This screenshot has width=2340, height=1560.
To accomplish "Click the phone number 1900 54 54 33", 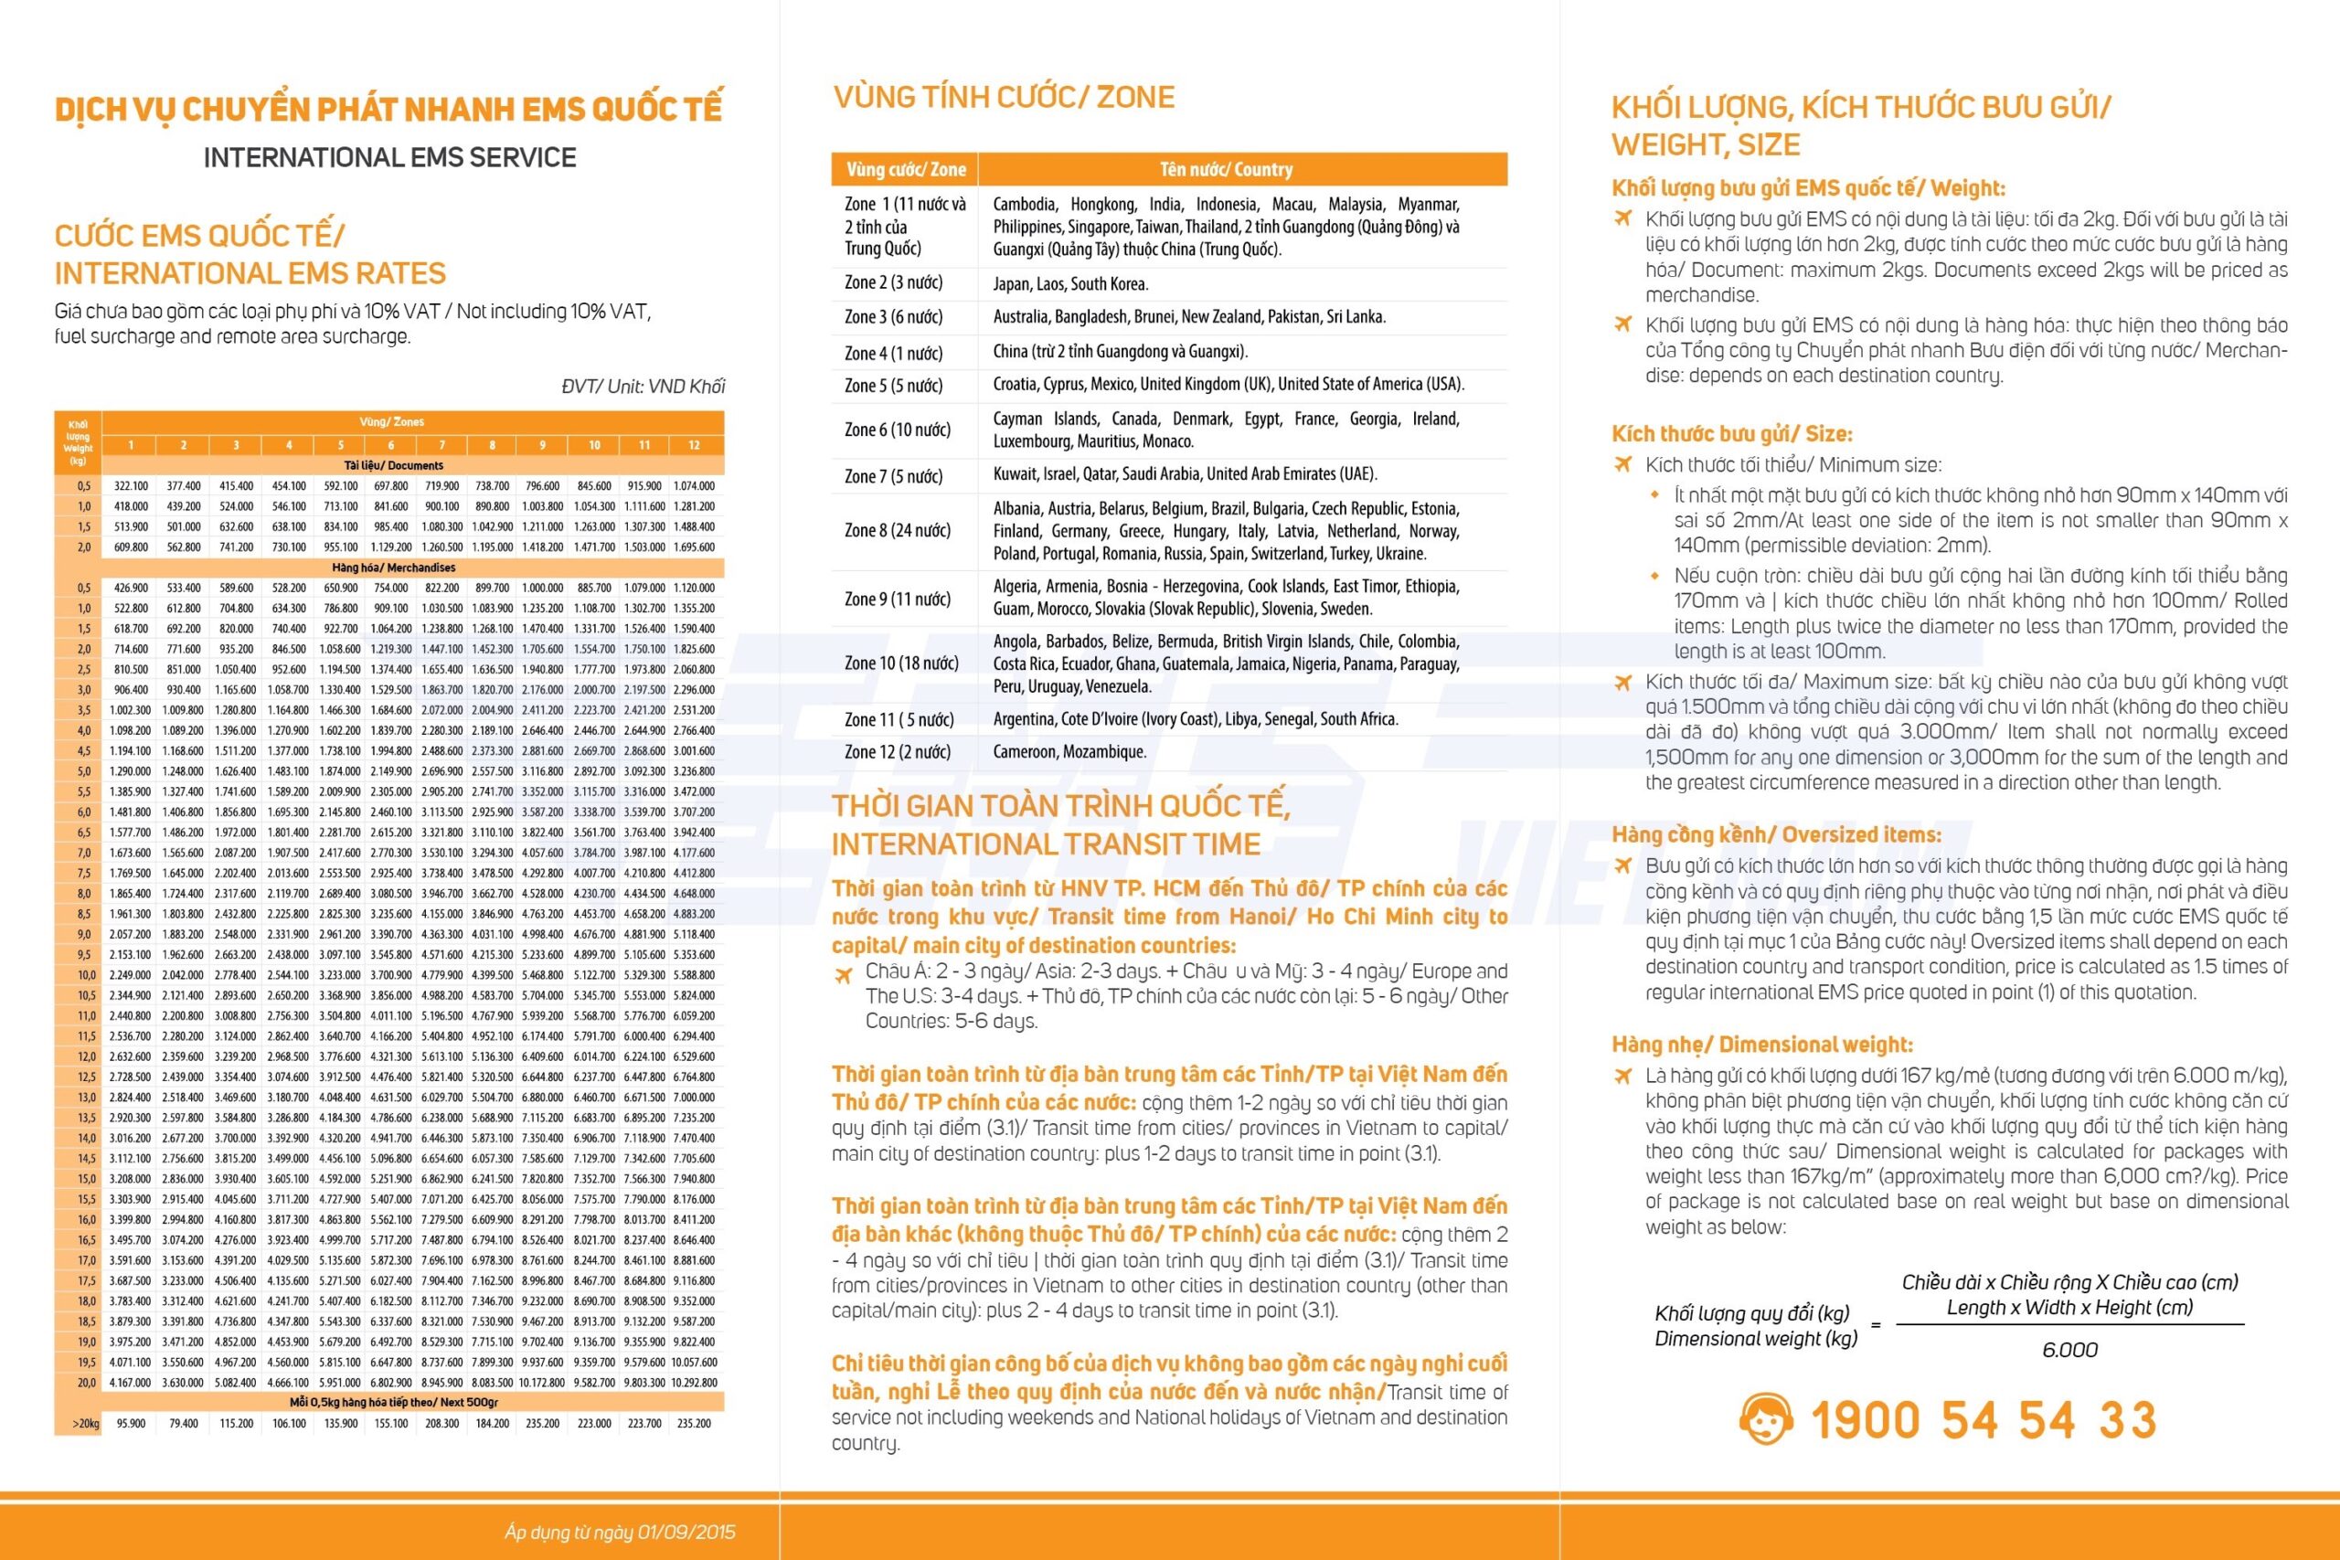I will [1983, 1420].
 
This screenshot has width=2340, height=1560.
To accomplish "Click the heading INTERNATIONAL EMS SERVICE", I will [389, 157].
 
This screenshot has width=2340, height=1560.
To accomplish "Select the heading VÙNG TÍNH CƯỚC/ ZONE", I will [1003, 98].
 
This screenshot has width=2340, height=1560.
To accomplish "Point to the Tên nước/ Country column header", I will [1226, 169].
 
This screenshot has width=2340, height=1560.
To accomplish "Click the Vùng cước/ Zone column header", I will [905, 169].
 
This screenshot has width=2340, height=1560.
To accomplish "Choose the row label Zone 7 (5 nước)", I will [893, 476].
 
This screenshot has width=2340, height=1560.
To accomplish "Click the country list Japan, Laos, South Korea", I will [1070, 283].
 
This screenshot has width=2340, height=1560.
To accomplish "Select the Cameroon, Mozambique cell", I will [1069, 752].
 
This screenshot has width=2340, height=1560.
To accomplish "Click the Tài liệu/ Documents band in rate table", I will [394, 465].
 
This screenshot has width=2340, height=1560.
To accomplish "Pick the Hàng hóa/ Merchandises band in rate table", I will [394, 568].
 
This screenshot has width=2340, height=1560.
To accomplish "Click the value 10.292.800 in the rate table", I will [694, 1383].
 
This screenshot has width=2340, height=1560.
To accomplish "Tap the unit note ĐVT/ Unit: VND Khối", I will [643, 386].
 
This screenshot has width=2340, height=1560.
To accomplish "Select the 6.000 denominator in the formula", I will [2069, 1350].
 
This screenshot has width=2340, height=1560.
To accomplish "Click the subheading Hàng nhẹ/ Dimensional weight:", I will [1762, 1045].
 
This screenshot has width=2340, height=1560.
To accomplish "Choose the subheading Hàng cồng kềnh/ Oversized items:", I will [1776, 834].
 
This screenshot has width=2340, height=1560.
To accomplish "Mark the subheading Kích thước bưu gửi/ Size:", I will [1732, 434].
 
